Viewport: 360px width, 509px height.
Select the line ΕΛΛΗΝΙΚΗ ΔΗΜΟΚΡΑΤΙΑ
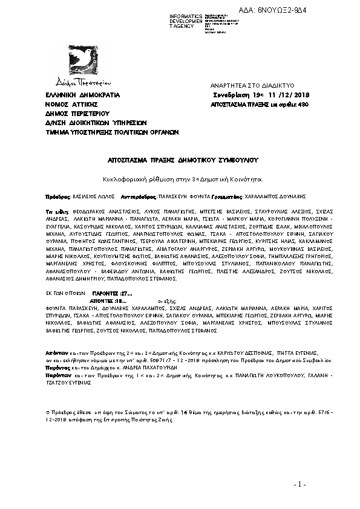pyautogui.click(x=83, y=96)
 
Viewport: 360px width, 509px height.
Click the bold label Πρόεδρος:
pyautogui.click(x=59, y=197)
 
